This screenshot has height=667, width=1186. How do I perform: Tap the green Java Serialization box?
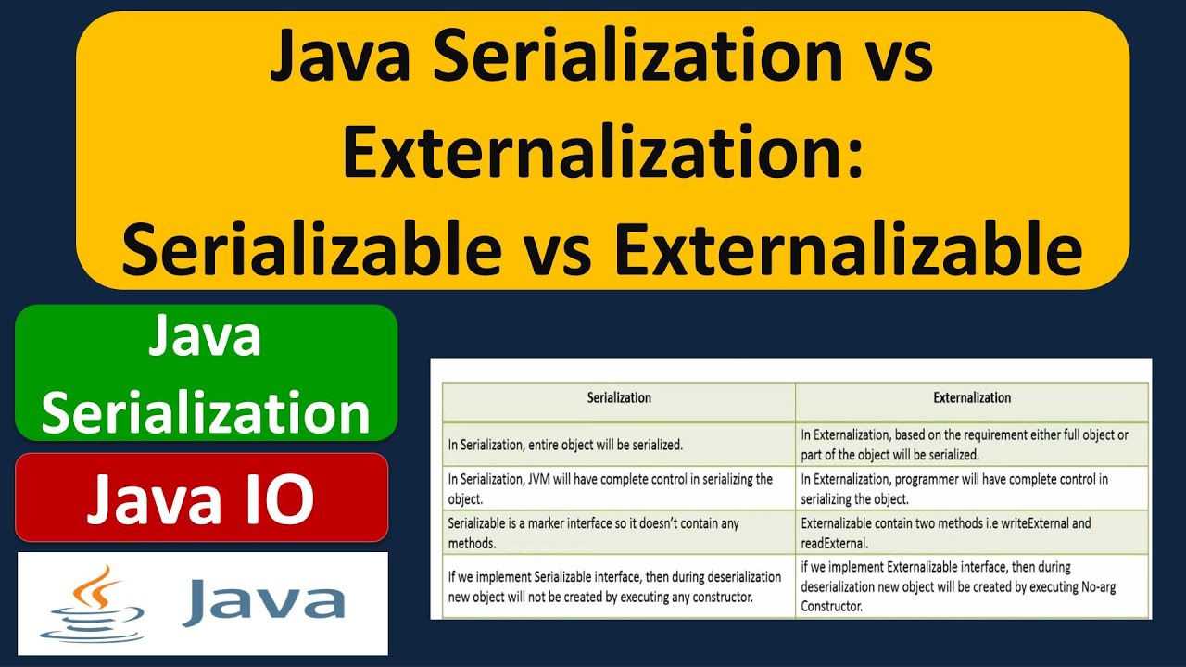click(x=206, y=373)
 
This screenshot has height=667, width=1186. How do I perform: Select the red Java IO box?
click(x=201, y=497)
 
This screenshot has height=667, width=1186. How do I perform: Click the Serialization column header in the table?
click(x=619, y=397)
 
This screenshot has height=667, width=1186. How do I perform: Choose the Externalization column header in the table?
click(x=972, y=397)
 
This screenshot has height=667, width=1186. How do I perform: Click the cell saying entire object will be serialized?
click(x=619, y=445)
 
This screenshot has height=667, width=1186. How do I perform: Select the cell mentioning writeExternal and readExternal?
click(x=972, y=533)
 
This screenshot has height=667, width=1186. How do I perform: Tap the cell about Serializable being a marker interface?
click(x=619, y=533)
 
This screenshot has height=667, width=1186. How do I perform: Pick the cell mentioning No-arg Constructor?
click(x=972, y=586)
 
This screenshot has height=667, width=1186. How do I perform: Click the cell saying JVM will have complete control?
click(x=619, y=488)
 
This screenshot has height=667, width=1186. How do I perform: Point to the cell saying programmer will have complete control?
click(x=972, y=488)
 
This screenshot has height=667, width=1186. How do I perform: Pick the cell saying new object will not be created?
click(x=619, y=586)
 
